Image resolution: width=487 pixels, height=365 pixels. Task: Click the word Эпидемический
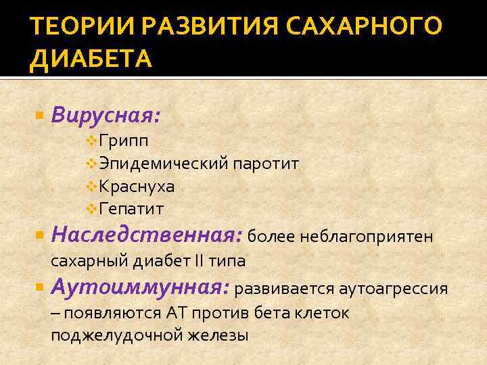point(163,164)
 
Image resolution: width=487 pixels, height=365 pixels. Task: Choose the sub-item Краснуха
point(136,186)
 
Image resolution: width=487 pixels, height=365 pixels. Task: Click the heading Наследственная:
point(146,236)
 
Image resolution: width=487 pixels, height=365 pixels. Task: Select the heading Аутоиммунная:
point(140,289)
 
